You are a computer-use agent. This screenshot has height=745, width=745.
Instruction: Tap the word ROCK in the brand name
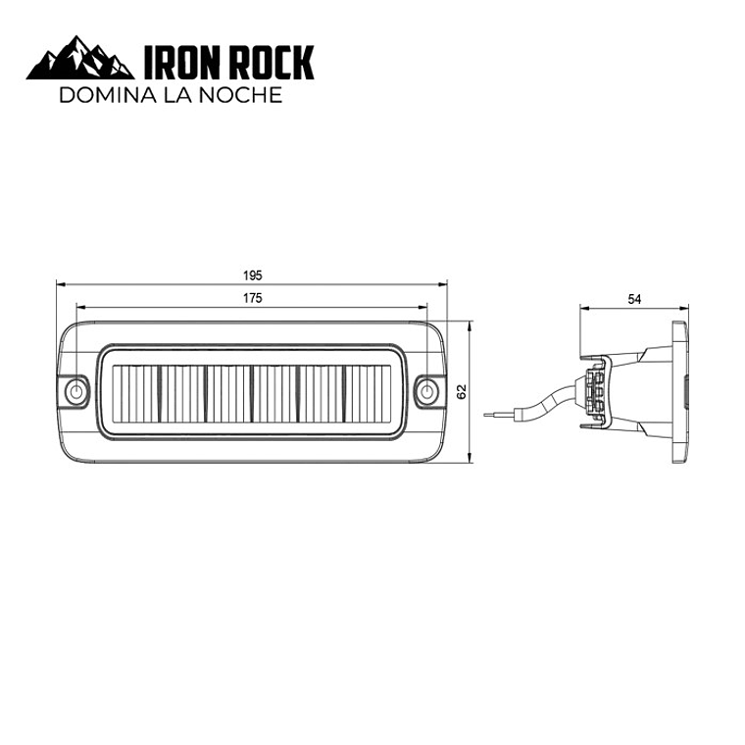tap(272, 62)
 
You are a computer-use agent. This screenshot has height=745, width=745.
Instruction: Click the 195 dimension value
tap(252, 275)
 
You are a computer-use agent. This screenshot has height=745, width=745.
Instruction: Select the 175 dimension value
tap(252, 298)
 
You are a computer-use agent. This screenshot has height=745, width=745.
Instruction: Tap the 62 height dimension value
tap(461, 391)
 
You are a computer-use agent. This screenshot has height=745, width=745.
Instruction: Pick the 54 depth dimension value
tap(634, 299)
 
